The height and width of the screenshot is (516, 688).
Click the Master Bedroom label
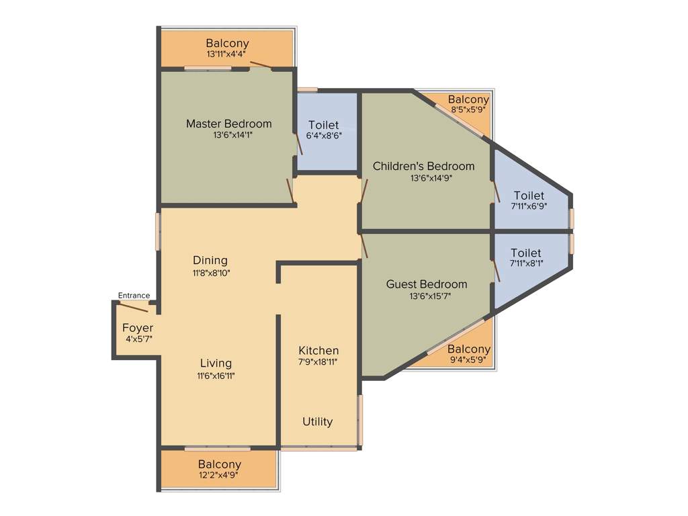click(x=228, y=124)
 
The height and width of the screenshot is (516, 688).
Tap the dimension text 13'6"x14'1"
click(x=228, y=134)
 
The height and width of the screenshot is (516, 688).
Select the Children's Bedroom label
click(x=423, y=166)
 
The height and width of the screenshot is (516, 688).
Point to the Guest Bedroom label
click(x=426, y=284)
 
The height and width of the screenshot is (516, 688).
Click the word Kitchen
click(x=318, y=351)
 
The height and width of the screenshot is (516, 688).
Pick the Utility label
click(x=317, y=422)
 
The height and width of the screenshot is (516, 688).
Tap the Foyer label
click(x=138, y=328)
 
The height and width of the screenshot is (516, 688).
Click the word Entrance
click(x=134, y=296)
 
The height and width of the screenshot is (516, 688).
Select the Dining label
click(x=210, y=260)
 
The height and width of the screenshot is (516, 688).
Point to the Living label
click(x=216, y=363)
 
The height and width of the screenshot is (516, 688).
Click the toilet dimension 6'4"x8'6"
click(x=323, y=135)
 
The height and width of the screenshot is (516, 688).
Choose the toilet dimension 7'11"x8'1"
click(x=527, y=263)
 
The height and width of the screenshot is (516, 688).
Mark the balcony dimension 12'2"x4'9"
click(x=219, y=474)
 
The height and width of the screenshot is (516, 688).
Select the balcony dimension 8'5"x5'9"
click(x=468, y=109)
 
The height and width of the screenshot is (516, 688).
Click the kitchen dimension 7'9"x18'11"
click(x=318, y=361)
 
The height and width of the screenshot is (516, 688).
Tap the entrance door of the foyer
click(x=134, y=307)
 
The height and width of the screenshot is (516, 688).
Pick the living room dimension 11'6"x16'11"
click(x=216, y=375)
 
